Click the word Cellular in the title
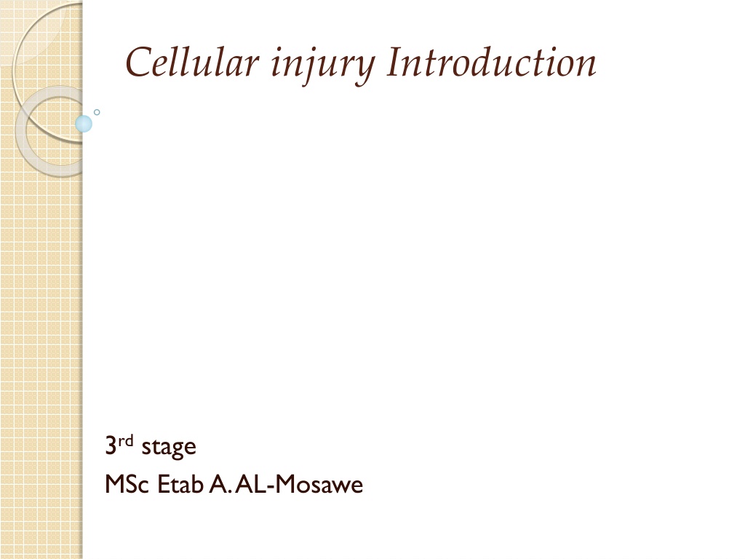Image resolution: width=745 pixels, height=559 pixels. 192,62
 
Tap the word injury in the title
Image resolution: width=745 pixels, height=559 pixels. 323,66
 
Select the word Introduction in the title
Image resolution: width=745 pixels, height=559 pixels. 491,62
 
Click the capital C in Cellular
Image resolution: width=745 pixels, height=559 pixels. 138,62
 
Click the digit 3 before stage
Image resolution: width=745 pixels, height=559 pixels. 111,446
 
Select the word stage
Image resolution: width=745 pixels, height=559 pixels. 169,448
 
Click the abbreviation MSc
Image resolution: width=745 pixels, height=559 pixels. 127,484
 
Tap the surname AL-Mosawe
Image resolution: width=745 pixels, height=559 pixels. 299,484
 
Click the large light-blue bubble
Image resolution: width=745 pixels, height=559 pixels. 84,124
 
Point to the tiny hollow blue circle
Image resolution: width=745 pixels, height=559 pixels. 97,112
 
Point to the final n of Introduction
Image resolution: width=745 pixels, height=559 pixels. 585,66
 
